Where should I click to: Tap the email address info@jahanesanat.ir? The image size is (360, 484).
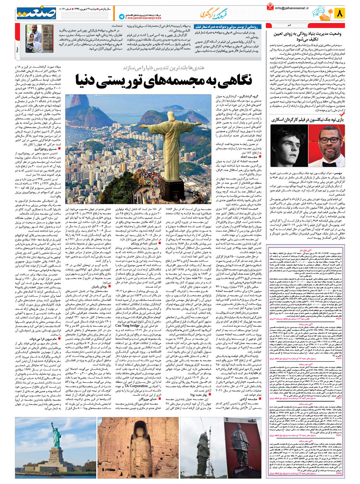[x=292, y=8]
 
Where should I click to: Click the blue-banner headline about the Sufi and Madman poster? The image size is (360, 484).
[x=228, y=27]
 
